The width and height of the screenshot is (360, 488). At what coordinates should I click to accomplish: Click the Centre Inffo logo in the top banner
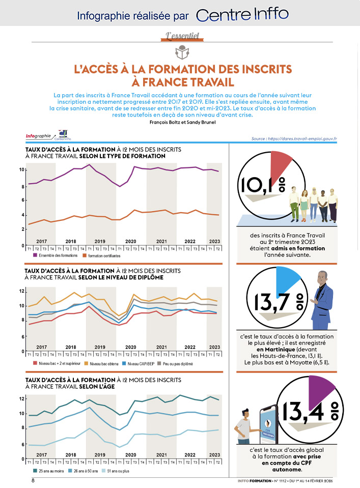pos(242,14)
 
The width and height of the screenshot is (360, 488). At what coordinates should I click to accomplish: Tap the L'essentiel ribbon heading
pos(182,36)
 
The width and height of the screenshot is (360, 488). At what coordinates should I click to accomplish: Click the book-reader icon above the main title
pos(181,51)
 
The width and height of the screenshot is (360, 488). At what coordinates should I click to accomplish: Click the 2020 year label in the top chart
pos(130,241)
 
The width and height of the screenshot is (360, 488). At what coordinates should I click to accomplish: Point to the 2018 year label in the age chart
pos(71,454)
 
